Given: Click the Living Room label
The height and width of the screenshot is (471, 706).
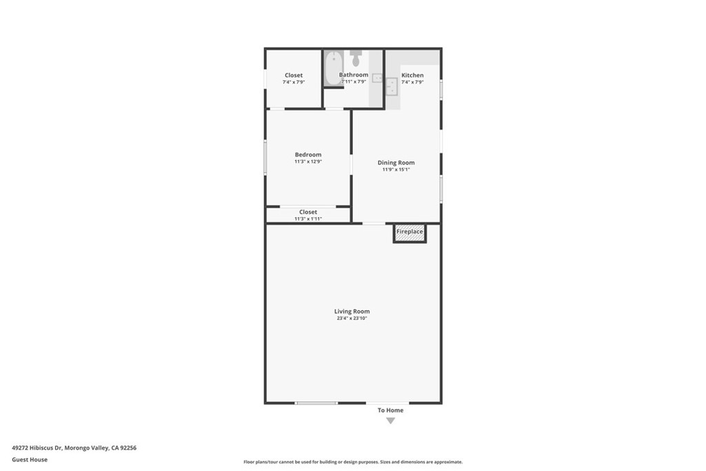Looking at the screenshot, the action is [x=352, y=311].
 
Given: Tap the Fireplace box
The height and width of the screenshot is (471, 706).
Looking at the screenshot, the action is [x=410, y=233].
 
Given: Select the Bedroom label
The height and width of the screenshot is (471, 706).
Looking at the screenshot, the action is [x=308, y=154].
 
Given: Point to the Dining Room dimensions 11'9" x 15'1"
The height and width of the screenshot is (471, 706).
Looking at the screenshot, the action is [x=396, y=170].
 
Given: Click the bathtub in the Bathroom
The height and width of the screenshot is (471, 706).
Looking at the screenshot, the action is [x=334, y=68].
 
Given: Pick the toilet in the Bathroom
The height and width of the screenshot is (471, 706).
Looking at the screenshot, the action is [x=356, y=58].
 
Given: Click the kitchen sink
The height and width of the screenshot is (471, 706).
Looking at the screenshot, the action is [x=392, y=86].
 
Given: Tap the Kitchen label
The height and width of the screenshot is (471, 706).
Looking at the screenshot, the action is [x=412, y=75].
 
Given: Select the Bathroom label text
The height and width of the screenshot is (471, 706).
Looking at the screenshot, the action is [x=354, y=74].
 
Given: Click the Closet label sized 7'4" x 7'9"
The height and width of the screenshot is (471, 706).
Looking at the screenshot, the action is [x=294, y=75].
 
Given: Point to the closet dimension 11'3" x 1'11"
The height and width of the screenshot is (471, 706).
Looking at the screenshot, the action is [x=308, y=219].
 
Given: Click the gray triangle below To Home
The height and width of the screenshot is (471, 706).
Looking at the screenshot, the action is [x=391, y=421].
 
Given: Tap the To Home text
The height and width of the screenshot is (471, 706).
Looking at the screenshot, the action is [x=390, y=410].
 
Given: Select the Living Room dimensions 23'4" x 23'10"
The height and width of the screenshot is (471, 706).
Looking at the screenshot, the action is [x=352, y=318].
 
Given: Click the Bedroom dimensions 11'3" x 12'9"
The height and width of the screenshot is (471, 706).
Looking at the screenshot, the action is [x=308, y=161].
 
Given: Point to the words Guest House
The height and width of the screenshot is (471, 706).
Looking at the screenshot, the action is [x=30, y=460].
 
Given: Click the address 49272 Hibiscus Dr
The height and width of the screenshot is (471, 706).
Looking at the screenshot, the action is [x=37, y=448].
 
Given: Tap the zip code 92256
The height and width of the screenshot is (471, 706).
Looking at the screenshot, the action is [x=128, y=448].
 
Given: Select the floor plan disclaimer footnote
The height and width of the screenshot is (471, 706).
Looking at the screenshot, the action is [x=353, y=462].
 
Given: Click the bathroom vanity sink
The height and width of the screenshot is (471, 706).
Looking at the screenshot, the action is [x=377, y=79].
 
